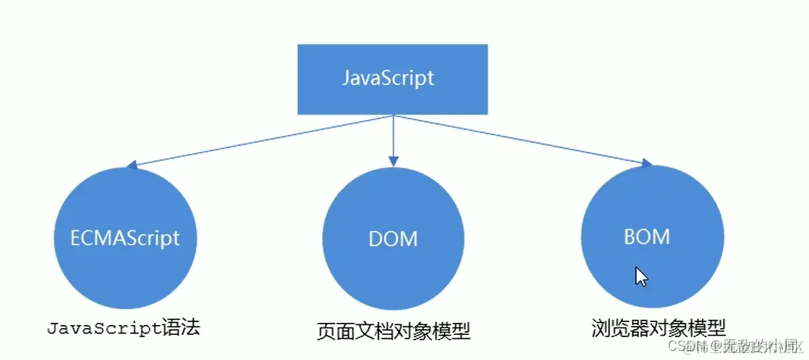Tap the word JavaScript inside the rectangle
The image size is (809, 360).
[x=387, y=78]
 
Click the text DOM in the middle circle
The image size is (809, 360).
[x=393, y=238]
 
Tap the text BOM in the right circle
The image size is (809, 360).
[x=648, y=236]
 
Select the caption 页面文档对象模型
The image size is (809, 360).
[x=393, y=332]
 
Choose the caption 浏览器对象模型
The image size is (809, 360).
[x=658, y=328]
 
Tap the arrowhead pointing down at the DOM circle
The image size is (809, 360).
[x=393, y=160]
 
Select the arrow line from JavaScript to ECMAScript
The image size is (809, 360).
[x=262, y=140]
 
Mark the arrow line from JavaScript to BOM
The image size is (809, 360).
[x=520, y=140]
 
